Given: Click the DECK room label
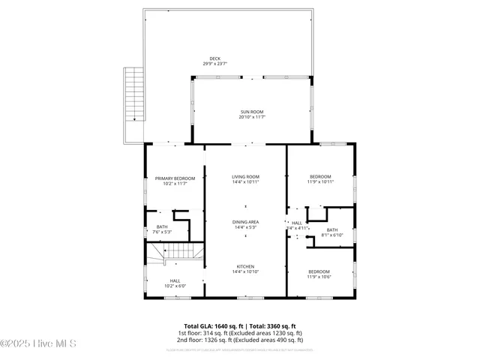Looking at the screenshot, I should click(x=215, y=58).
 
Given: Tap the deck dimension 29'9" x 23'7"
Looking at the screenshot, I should click(x=215, y=64).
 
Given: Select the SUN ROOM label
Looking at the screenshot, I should click(x=252, y=111).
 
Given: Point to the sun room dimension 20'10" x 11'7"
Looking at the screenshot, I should click(x=252, y=116).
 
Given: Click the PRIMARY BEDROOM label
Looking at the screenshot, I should click(x=175, y=178).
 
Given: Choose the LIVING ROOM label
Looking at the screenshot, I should click(x=245, y=176).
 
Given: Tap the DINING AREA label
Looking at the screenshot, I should click(x=245, y=221).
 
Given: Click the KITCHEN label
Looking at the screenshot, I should click(x=245, y=266).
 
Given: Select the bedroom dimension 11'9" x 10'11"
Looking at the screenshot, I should click(x=319, y=181).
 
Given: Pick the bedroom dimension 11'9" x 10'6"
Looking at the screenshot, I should click(x=319, y=276).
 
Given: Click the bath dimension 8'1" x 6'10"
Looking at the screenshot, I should click(x=331, y=235).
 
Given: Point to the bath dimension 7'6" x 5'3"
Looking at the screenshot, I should click(x=162, y=232).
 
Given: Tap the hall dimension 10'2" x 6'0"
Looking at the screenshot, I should click(x=175, y=286).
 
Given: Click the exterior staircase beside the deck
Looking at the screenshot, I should click(x=133, y=93).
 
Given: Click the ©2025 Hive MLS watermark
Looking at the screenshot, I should click(x=39, y=344).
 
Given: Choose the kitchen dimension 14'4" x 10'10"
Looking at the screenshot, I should click(x=245, y=271).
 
